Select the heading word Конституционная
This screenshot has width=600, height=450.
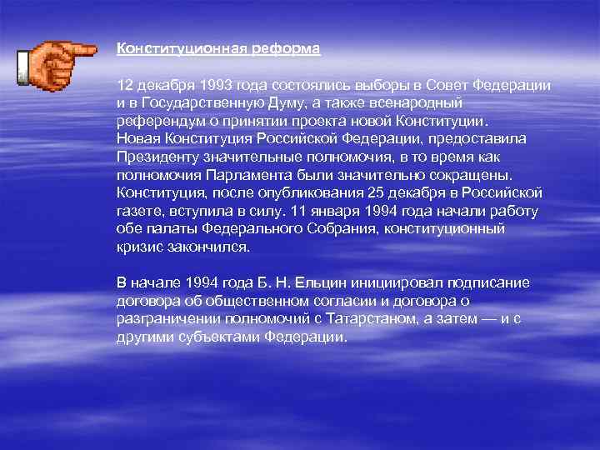point(181,49)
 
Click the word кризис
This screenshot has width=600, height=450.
point(140,247)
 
